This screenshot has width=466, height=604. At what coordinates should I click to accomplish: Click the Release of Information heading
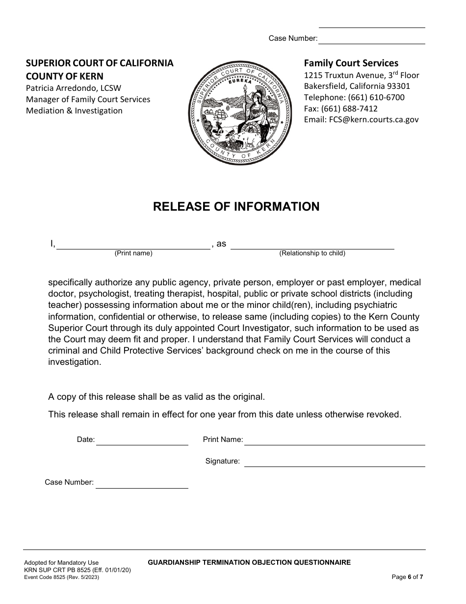pos(236,207)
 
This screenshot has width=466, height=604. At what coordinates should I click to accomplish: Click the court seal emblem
pos(236,115)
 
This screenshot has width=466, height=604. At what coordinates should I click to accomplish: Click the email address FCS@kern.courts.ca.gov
pos(362,119)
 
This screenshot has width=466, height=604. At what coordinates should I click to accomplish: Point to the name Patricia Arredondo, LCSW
pos(74,88)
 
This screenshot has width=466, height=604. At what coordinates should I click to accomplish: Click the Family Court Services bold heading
pos(351,63)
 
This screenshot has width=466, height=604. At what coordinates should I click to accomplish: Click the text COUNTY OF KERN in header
pos(64,76)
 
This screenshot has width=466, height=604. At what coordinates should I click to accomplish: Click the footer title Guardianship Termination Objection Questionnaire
pos(249,562)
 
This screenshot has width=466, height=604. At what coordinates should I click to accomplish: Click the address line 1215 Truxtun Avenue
pos(362,75)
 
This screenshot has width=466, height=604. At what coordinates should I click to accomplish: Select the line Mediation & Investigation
pos(74,110)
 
